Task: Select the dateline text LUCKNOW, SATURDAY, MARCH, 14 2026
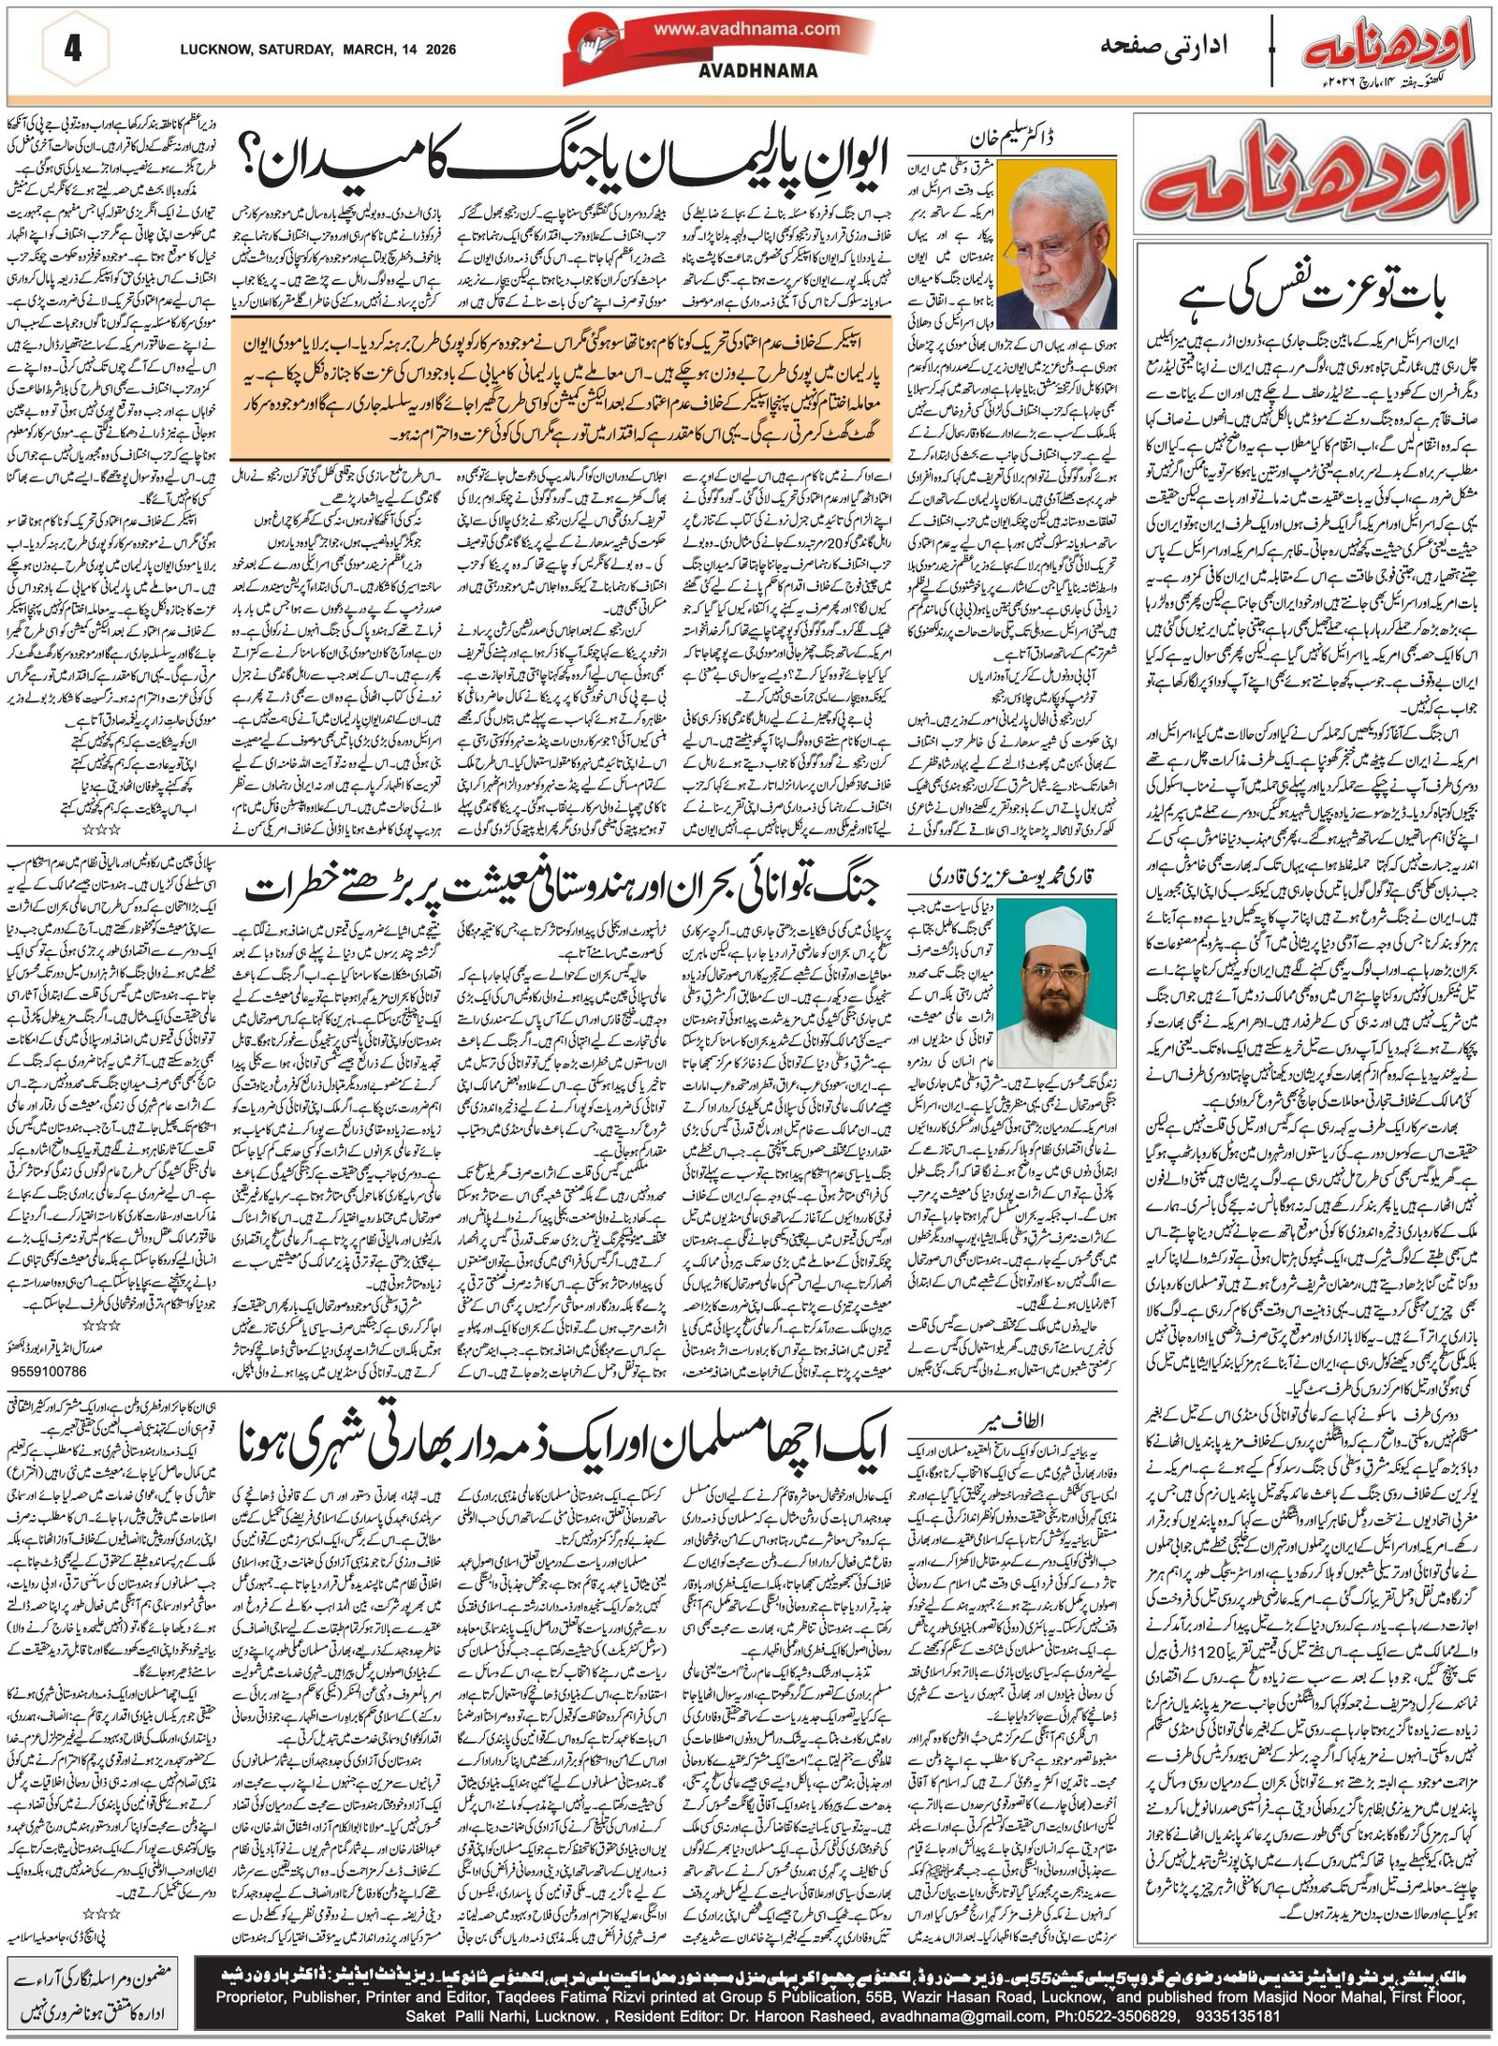317,50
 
